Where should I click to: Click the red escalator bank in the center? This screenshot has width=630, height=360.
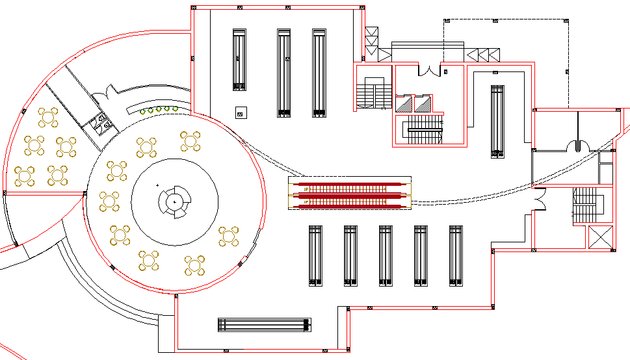[350, 194]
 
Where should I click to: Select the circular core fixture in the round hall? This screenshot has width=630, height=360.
[174, 203]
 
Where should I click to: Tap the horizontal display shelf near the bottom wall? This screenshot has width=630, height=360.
[264, 325]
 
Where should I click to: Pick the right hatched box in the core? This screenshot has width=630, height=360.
[424, 103]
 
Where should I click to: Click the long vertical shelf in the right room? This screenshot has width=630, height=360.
[497, 122]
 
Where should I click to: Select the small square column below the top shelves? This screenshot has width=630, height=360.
[240, 112]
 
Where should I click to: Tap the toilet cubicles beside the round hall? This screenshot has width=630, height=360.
[100, 122]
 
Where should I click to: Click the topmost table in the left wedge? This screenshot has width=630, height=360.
[47, 118]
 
